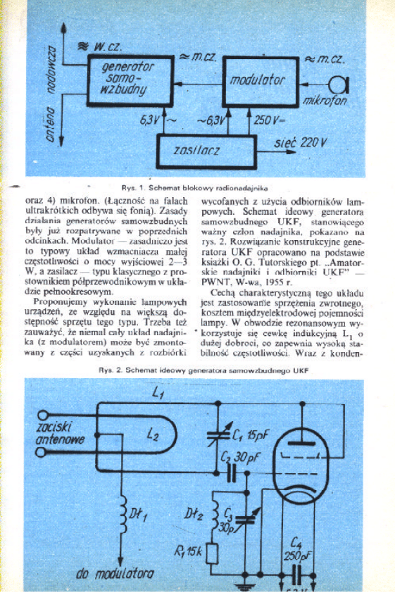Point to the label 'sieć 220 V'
[301, 144]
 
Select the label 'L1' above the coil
[157, 392]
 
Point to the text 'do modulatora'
[116, 574]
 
